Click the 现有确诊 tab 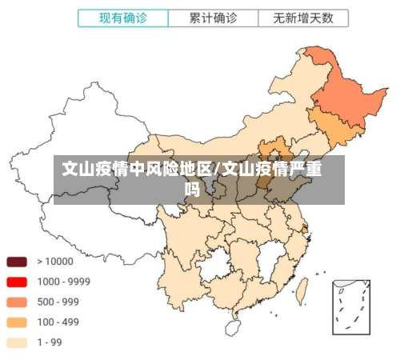(123, 17)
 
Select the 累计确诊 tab (214, 17)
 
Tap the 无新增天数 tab (303, 17)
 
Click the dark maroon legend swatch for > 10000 (18, 261)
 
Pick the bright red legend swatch (18, 282)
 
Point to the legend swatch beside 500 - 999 (18, 302)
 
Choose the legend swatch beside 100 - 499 (18, 322)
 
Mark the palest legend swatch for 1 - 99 (18, 342)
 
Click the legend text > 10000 (55, 261)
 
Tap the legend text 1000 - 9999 (63, 282)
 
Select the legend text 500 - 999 (58, 302)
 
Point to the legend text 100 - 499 (58, 322)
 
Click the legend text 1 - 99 (50, 342)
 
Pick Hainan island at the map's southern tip (233, 326)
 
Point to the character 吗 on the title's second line (192, 190)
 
